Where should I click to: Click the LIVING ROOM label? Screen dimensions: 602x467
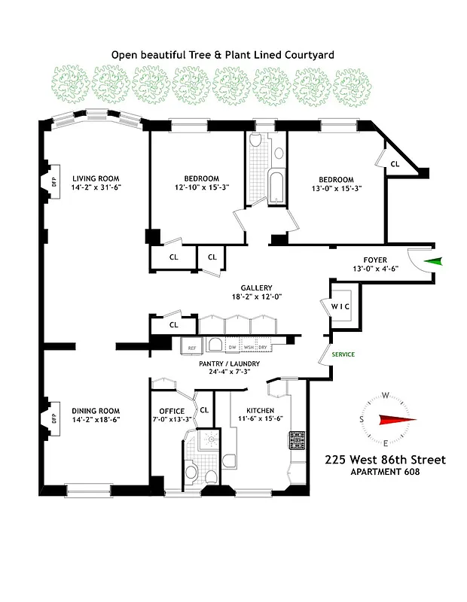click(x=95, y=178)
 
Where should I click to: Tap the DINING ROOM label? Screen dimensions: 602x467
click(x=95, y=410)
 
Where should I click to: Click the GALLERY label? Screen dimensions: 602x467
click(x=256, y=287)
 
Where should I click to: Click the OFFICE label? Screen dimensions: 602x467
click(x=172, y=411)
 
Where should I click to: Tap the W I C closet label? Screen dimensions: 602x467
click(x=340, y=306)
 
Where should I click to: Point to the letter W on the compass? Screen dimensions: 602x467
click(x=385, y=395)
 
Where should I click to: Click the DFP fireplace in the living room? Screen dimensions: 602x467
click(x=53, y=181)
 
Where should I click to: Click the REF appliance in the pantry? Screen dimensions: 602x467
click(x=191, y=348)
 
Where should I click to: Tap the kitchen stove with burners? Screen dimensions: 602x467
click(x=296, y=440)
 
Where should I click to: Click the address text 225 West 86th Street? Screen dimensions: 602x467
click(x=385, y=460)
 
